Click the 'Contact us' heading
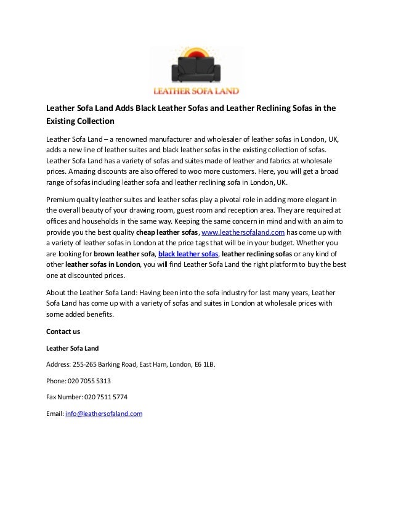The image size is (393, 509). [63, 331]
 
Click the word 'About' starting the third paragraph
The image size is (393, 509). [57, 293]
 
